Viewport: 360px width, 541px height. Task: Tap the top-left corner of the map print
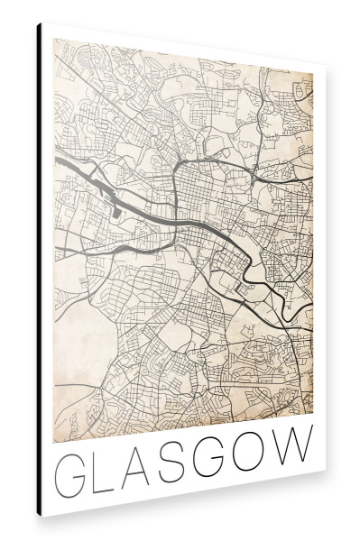(x=55, y=38)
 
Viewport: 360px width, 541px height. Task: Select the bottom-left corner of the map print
(x=55, y=443)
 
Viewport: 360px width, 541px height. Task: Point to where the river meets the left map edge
(x=56, y=160)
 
